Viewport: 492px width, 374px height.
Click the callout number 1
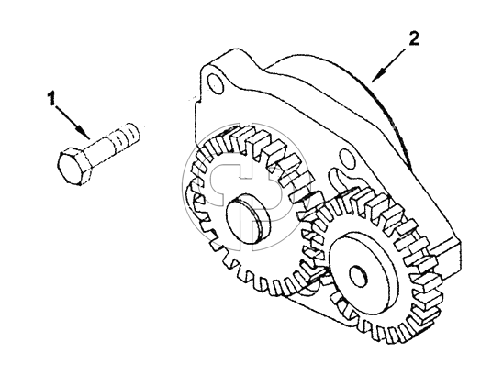(x=51, y=98)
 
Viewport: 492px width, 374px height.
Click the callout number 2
(x=413, y=38)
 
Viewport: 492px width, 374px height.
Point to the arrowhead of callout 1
(x=84, y=133)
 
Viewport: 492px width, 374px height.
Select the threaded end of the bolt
(x=126, y=137)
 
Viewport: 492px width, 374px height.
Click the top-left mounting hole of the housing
(x=216, y=83)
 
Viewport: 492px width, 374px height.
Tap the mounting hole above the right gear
(x=346, y=159)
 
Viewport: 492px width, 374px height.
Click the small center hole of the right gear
(x=358, y=275)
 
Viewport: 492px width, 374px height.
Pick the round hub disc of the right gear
(x=360, y=272)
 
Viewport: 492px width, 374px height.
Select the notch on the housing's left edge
(x=197, y=100)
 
